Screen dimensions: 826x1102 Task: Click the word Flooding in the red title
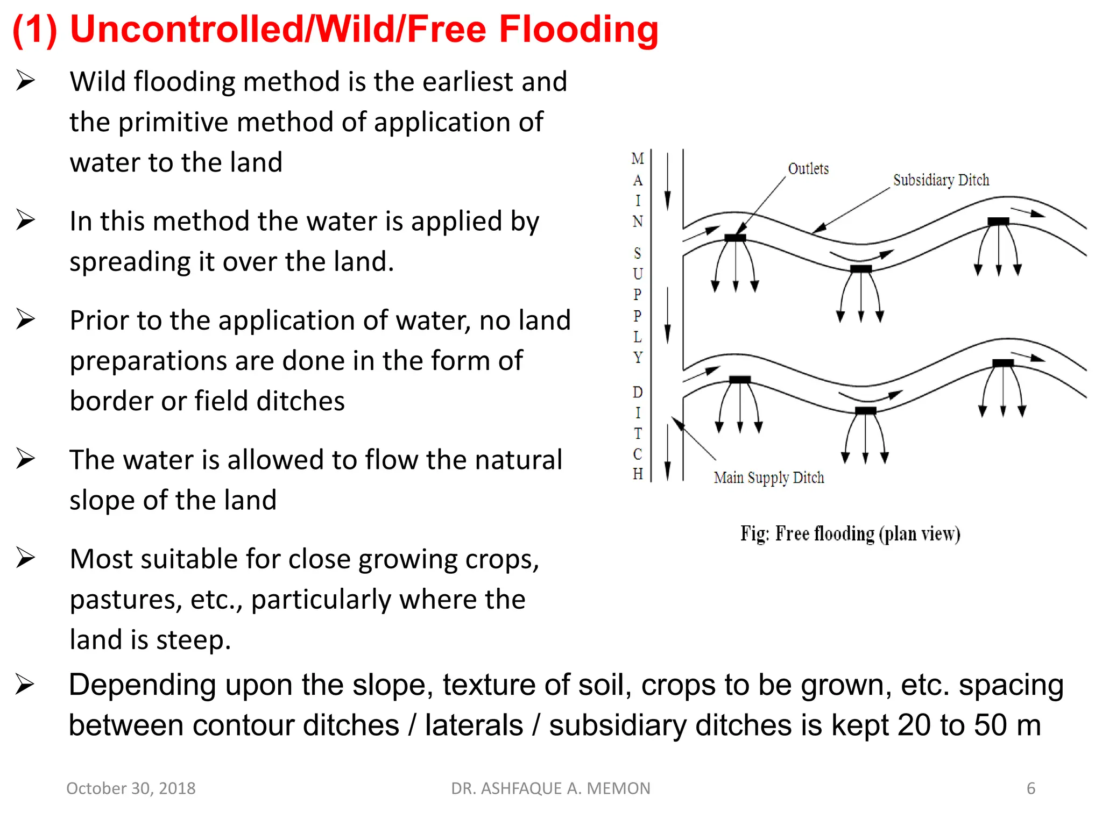coord(578,30)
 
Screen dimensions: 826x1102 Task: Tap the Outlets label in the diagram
coord(808,169)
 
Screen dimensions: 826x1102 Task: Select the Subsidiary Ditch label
coord(941,180)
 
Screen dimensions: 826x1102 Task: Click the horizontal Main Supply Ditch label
coord(769,478)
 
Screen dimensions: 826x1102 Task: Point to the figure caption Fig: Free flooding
coord(850,534)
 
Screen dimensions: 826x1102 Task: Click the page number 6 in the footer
coord(1030,788)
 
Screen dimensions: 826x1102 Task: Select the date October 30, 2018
coord(131,788)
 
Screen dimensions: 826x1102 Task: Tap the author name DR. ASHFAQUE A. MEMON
coord(550,788)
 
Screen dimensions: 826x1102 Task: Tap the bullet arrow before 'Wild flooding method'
coord(25,81)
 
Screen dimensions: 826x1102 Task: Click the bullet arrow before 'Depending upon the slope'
coord(25,685)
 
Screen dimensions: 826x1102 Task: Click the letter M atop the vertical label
coord(638,159)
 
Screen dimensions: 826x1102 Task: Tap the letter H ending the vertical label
coord(638,474)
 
